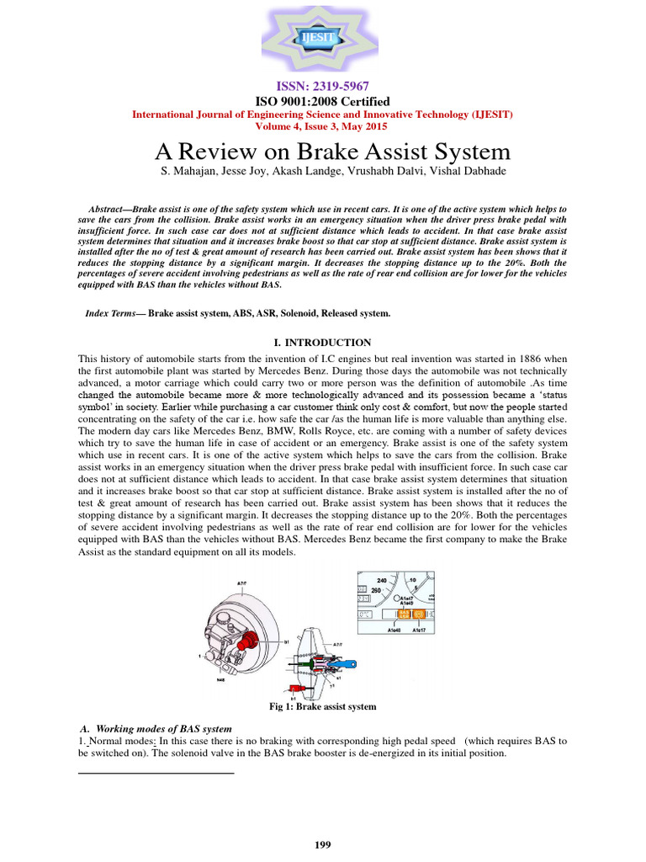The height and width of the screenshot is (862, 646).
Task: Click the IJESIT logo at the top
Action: pos(322,37)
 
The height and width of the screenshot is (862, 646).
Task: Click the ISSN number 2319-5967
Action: pos(322,87)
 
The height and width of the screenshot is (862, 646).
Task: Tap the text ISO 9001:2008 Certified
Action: pos(322,101)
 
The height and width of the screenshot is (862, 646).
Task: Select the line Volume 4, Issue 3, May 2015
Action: pos(322,126)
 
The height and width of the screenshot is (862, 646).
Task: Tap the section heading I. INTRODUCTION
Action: pos(323,343)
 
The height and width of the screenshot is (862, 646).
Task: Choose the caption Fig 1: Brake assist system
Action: pos(322,706)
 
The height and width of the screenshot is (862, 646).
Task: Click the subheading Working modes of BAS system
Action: pos(164,728)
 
